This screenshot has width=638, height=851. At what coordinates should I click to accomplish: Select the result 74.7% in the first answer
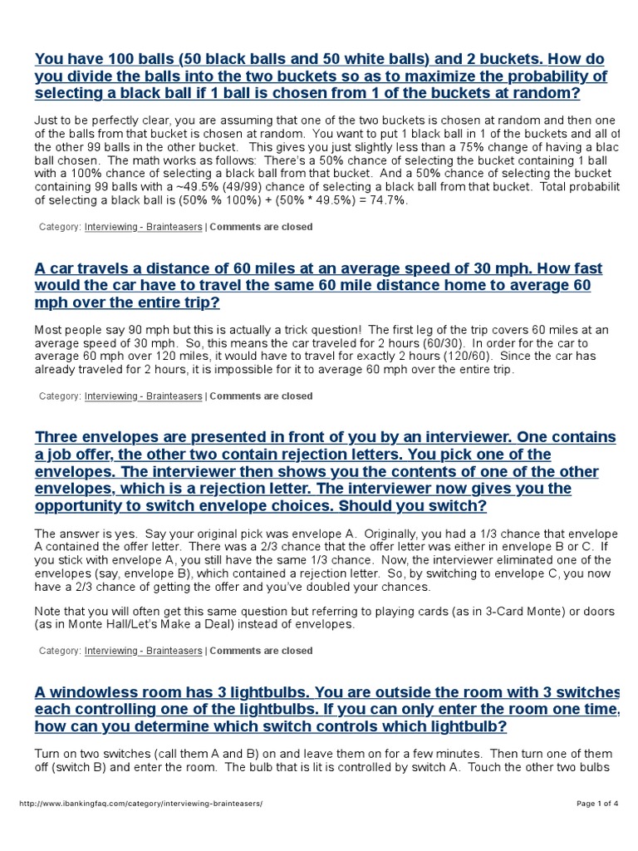[386, 200]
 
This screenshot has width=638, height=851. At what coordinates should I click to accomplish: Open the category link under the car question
[143, 396]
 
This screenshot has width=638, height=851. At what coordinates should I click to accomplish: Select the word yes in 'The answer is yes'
[124, 533]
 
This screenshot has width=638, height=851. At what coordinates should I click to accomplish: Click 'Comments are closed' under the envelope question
[261, 651]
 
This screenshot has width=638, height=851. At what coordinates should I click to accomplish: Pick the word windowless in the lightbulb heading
[91, 692]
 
